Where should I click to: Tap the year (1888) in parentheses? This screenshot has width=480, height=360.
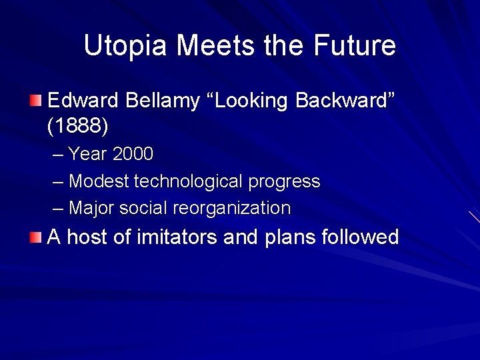coord(78,125)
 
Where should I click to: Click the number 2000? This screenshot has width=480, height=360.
coord(133,155)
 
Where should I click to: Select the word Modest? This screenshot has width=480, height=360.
coord(99,181)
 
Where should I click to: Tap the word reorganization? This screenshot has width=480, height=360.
coord(232,209)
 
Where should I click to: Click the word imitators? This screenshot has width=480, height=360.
coord(177,237)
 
